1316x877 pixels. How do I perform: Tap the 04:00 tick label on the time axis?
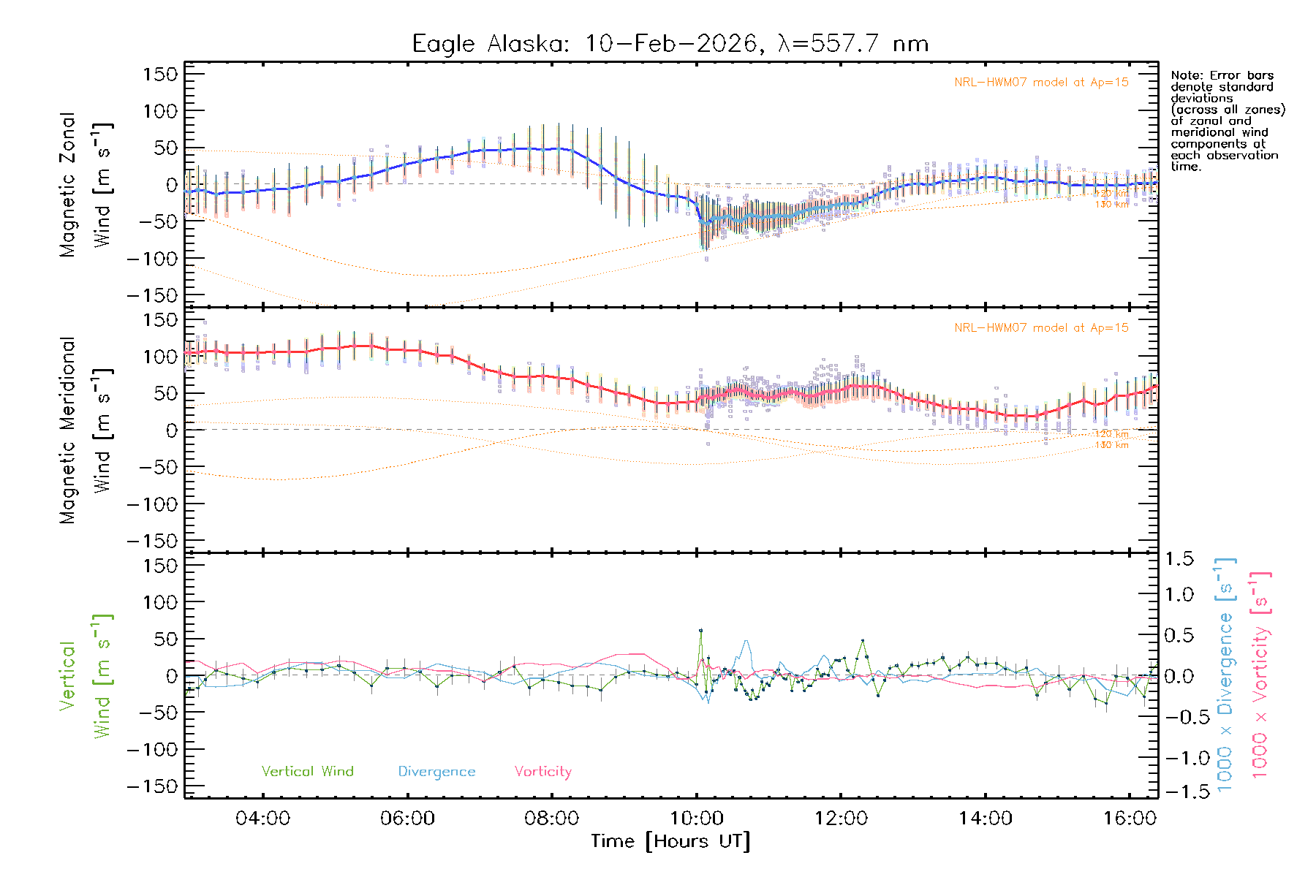click(262, 818)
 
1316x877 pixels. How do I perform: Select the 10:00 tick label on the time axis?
click(697, 818)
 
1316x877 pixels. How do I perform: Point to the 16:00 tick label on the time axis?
click(1130, 818)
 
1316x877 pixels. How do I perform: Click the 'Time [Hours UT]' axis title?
click(670, 841)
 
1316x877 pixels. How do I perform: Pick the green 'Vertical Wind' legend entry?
click(307, 771)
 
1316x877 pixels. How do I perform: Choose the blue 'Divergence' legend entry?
click(436, 771)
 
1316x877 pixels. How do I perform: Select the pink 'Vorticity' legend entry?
click(542, 771)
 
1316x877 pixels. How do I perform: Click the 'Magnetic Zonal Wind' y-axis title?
click(86, 184)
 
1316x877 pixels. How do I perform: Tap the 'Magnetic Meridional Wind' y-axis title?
click(86, 430)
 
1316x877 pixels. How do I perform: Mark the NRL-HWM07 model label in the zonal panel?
click(1041, 82)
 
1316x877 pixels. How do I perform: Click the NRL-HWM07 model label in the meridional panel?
click(1041, 327)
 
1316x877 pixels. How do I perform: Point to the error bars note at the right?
click(1227, 121)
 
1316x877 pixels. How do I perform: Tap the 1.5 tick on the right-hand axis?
click(1179, 559)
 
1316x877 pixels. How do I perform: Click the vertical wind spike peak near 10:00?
click(700, 630)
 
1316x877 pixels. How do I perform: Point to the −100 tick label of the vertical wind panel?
click(153, 750)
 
